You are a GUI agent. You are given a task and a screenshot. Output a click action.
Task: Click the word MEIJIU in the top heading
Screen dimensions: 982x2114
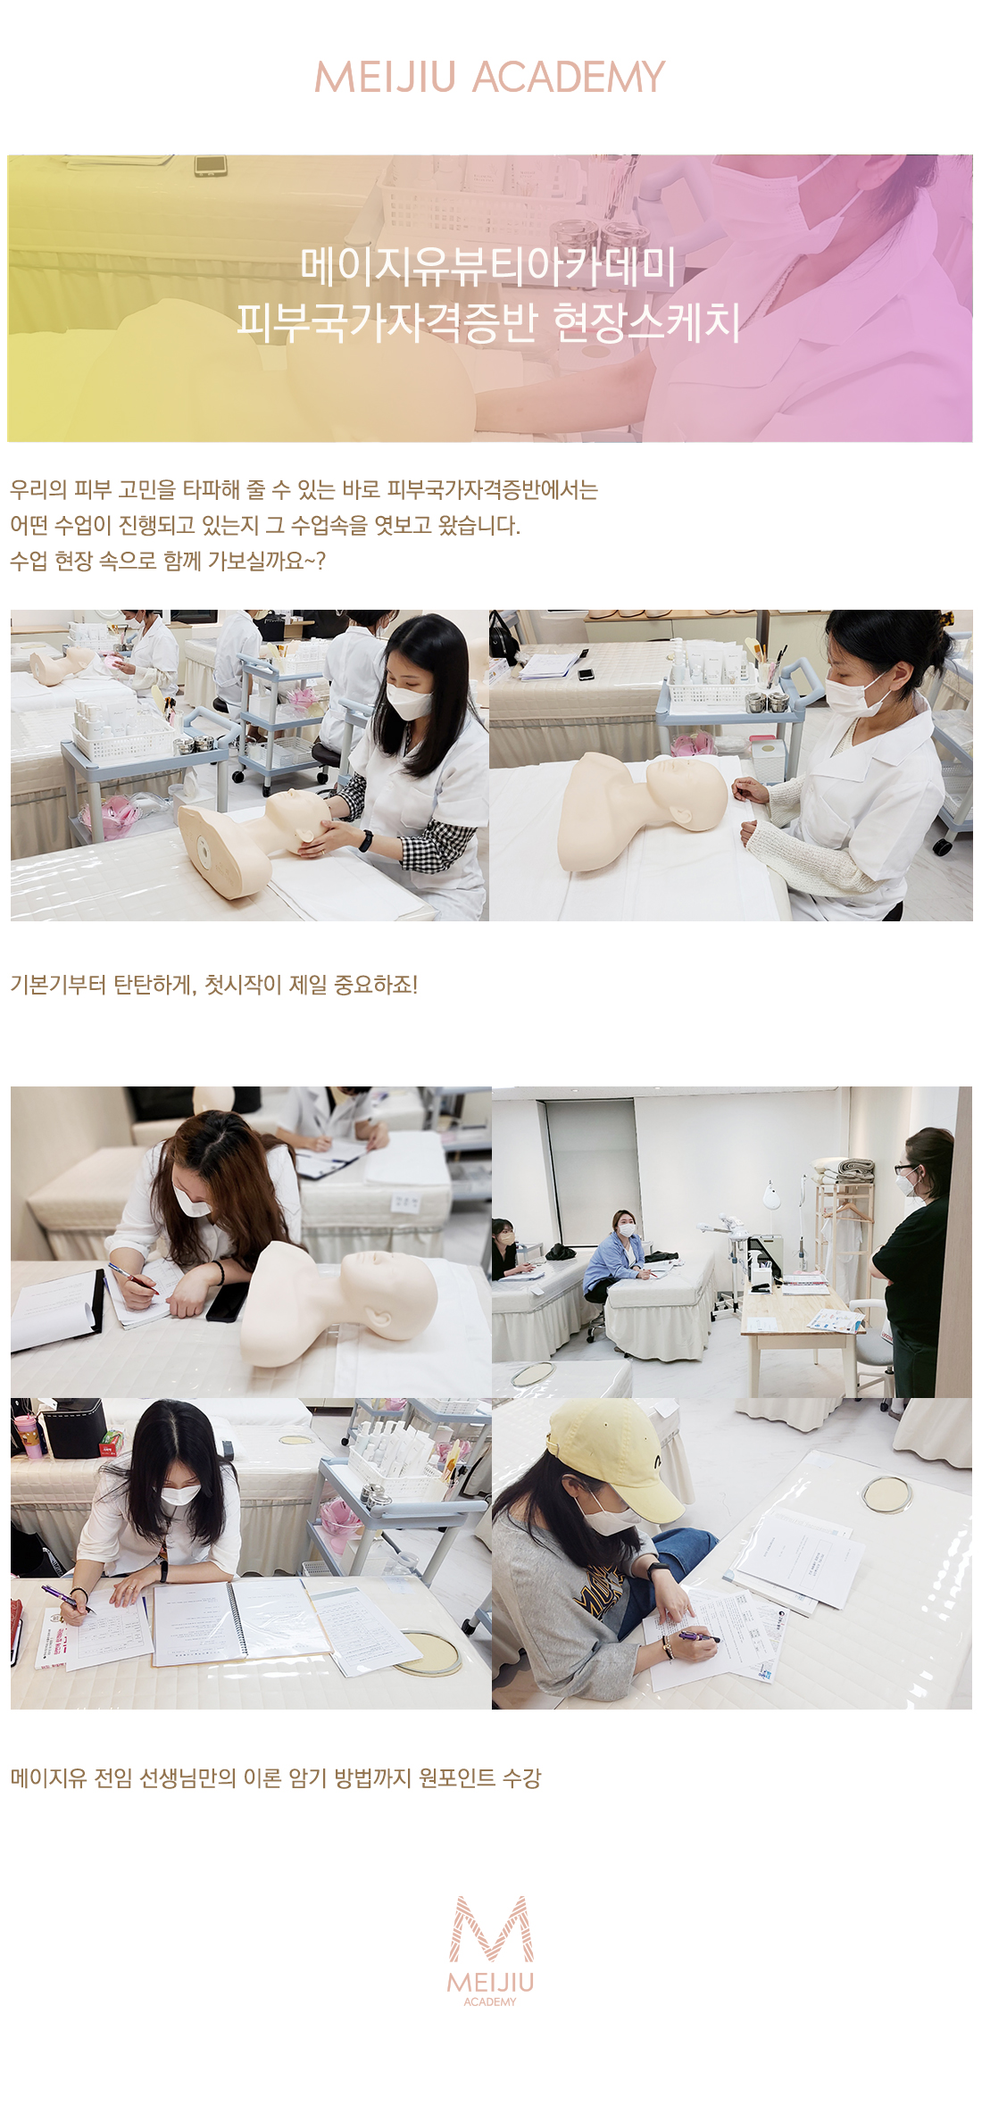click(x=386, y=78)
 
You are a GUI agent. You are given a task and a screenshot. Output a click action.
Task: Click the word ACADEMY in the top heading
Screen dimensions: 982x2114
click(x=569, y=78)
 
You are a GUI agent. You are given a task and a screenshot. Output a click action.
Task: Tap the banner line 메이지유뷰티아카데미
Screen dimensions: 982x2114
click(x=489, y=266)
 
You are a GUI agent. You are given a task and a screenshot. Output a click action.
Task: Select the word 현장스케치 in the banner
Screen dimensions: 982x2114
click(x=647, y=321)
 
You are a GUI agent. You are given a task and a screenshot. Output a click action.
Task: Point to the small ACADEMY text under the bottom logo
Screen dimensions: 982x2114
click(x=490, y=2002)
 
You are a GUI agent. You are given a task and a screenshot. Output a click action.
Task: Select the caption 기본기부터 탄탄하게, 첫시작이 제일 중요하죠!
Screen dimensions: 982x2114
click(x=213, y=985)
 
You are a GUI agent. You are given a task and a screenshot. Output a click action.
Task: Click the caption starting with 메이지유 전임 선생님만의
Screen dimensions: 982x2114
click(x=276, y=1777)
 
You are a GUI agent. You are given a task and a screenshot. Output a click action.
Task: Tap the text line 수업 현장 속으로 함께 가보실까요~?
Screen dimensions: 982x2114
click(x=168, y=561)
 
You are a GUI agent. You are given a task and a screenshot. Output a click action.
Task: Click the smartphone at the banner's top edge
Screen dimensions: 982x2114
click(x=211, y=165)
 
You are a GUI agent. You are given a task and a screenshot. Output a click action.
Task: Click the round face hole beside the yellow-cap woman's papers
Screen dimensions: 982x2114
click(x=886, y=1494)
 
